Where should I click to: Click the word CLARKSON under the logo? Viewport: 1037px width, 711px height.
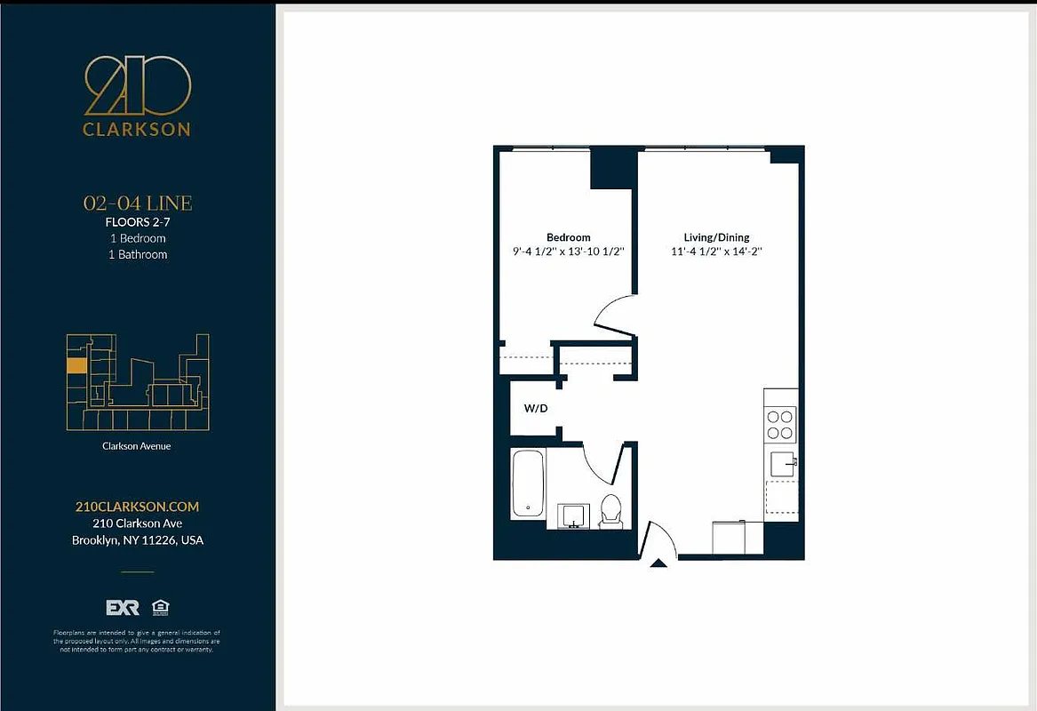[137, 129]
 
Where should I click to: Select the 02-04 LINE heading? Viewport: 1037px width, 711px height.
[137, 204]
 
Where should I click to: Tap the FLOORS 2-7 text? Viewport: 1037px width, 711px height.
[137, 222]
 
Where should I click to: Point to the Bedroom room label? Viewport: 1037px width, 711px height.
[568, 237]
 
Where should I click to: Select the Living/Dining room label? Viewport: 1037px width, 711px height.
[716, 237]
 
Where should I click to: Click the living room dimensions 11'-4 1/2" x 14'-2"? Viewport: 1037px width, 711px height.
[716, 252]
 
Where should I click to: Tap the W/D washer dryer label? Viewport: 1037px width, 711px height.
[535, 410]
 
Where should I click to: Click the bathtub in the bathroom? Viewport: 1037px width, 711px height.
[528, 484]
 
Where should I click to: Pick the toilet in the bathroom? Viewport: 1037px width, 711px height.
[610, 510]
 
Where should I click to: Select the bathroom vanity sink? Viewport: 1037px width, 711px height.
[572, 515]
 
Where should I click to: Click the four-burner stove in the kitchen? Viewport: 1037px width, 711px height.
[780, 424]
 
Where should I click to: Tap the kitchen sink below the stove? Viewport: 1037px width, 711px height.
[782, 463]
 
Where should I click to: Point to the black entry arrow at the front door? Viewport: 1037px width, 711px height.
[658, 563]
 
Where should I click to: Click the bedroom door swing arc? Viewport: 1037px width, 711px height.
[613, 316]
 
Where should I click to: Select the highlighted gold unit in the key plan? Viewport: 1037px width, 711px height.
[77, 364]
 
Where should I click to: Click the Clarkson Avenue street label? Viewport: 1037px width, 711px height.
[136, 446]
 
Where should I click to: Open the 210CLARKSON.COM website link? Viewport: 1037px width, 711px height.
[137, 507]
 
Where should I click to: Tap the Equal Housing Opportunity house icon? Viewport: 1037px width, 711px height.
[161, 608]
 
